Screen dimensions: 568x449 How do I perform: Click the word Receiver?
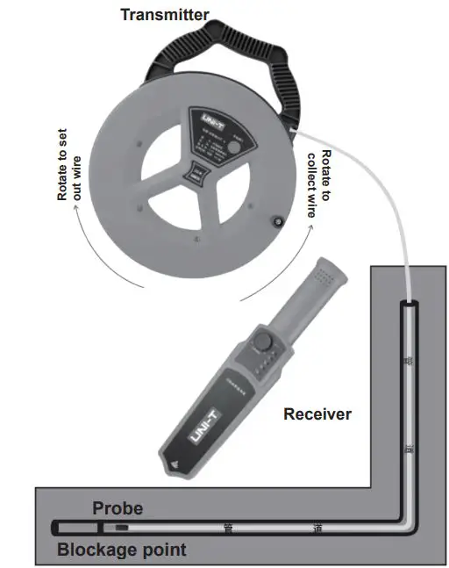[x=317, y=413]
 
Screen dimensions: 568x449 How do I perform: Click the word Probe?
[x=118, y=508]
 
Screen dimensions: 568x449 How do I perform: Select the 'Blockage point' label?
[x=122, y=550]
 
